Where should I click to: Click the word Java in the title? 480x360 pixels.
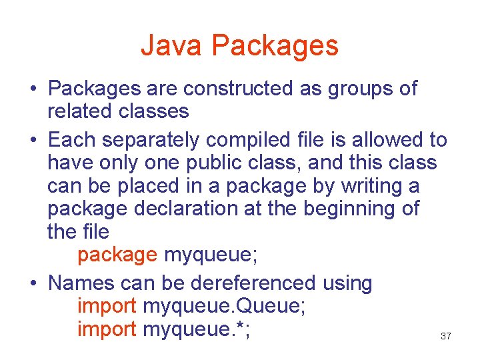171,46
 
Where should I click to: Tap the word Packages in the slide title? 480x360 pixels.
275,46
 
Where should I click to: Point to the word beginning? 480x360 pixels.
351,209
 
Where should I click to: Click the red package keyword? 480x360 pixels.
117,255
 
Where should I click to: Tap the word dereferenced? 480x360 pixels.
253,283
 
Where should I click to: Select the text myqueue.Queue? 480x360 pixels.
225,307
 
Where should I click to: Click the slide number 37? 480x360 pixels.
446,337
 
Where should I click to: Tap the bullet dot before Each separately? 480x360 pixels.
33,141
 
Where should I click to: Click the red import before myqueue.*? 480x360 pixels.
107,329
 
